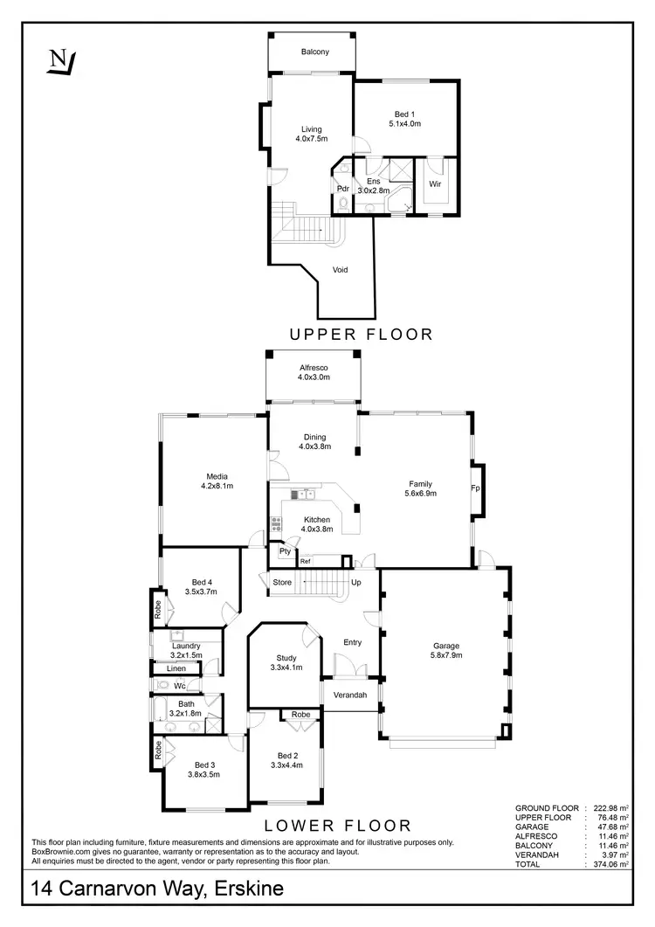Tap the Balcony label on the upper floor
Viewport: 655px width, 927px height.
click(314, 52)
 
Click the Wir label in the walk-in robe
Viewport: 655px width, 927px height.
click(435, 184)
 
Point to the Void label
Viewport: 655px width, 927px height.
click(341, 270)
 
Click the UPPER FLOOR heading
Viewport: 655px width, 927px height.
click(362, 334)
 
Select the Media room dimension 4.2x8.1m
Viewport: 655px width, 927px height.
click(211, 486)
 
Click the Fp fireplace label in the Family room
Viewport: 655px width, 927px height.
click(476, 488)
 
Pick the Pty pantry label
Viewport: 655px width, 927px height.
click(285, 551)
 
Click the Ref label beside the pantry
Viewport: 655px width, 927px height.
click(306, 561)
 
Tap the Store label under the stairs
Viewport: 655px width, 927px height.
click(282, 582)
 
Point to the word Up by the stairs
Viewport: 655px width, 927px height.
click(356, 582)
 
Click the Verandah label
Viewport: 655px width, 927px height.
click(351, 695)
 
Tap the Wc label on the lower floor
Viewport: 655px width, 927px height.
click(178, 686)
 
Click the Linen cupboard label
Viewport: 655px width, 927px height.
click(176, 668)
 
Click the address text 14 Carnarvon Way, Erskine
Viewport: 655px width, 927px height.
click(157, 890)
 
